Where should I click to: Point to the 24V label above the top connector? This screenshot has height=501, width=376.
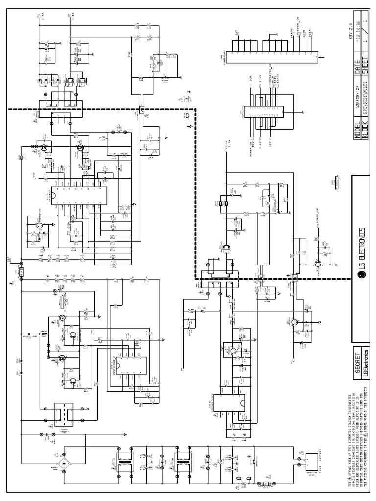click(x=235, y=33)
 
